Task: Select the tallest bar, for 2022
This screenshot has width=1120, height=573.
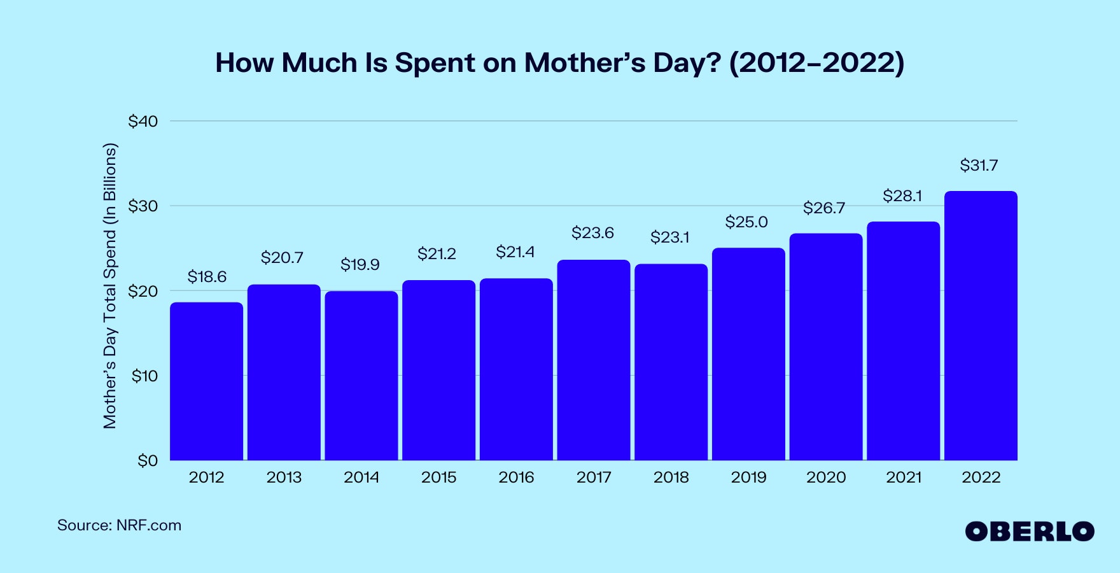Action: (981, 325)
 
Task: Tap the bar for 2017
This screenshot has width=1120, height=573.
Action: (594, 360)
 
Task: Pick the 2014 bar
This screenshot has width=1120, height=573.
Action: (361, 376)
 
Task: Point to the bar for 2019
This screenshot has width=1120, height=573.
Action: (748, 354)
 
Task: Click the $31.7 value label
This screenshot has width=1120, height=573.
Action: (979, 166)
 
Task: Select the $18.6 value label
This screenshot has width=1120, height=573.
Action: (207, 277)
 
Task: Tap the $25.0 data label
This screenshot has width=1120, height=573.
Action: (746, 222)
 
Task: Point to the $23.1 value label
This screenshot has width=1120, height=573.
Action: (669, 237)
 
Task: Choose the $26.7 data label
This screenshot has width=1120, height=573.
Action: (824, 208)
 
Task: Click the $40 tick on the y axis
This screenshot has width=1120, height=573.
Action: (143, 121)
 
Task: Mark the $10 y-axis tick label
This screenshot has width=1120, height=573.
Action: (144, 376)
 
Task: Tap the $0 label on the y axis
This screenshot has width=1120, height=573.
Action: (148, 460)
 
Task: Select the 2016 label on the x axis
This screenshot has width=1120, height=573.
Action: (516, 478)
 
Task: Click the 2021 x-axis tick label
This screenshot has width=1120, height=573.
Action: (904, 478)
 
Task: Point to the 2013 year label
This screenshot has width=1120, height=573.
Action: (284, 478)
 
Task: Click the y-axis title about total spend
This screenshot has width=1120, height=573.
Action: (110, 285)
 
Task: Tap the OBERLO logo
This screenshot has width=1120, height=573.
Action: (1029, 532)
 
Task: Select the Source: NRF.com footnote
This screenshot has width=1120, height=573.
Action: (120, 525)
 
